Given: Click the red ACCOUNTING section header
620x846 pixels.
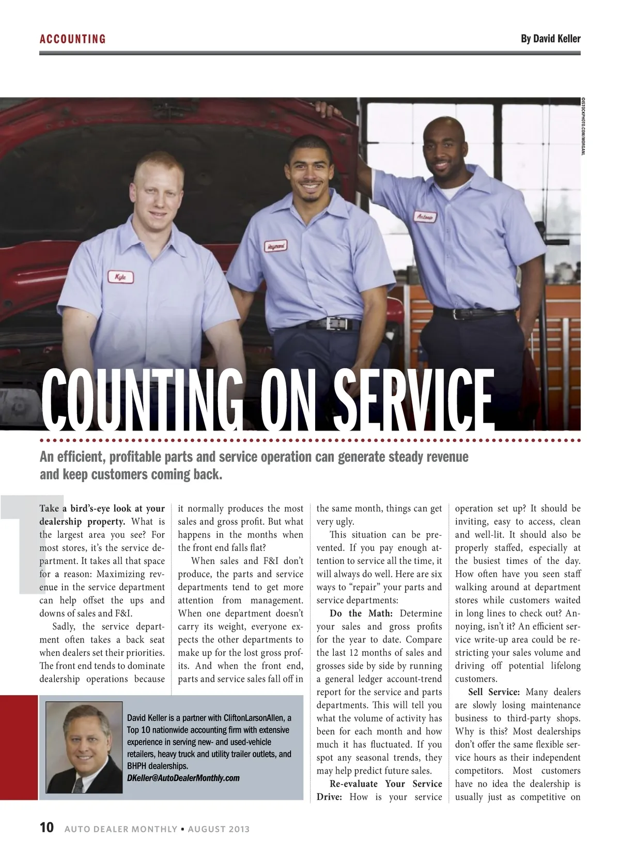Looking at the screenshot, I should (x=73, y=39).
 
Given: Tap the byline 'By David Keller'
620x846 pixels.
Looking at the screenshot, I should (x=550, y=39).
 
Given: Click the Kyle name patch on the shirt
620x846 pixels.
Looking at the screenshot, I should (x=120, y=277).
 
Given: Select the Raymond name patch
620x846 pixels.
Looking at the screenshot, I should (x=275, y=246).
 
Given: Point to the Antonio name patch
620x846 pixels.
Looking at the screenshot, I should (x=425, y=217).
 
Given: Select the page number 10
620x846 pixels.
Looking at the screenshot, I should (x=47, y=827).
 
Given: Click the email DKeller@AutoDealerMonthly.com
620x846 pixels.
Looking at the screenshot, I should (x=183, y=778).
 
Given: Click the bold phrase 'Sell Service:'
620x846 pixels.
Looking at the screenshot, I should (x=494, y=692).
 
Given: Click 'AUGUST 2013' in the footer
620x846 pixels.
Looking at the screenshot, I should (x=219, y=829).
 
